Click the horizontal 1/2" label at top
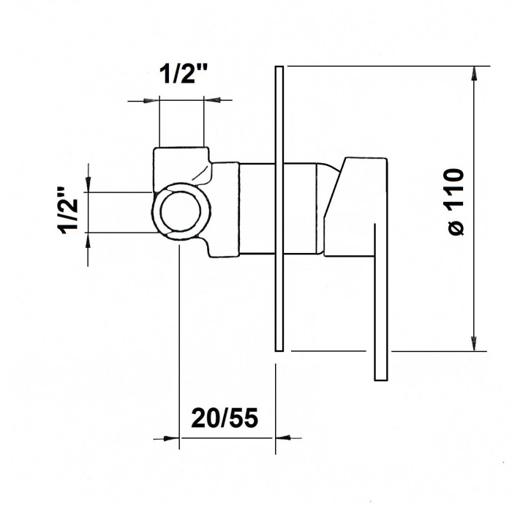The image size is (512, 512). pos(183,75)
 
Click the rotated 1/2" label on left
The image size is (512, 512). pos(68,211)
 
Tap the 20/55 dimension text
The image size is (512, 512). pos(225,418)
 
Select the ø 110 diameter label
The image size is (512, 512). pos(456,201)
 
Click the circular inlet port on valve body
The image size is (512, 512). pos(181,211)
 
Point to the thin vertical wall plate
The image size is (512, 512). pos(279,208)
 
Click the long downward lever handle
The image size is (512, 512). pos(381,302)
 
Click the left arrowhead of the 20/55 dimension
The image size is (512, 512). pos(171,439)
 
